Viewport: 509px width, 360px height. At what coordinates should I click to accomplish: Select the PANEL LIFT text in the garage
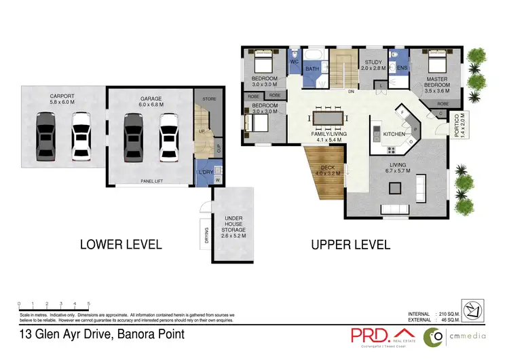[x=151, y=181]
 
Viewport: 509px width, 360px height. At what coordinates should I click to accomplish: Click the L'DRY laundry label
[x=206, y=172]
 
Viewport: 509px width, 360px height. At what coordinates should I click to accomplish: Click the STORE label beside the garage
[x=209, y=99]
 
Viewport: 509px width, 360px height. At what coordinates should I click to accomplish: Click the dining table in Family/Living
[x=327, y=118]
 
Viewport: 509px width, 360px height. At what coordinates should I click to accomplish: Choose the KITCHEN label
[x=394, y=134]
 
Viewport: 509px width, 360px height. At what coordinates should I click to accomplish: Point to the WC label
[x=294, y=62]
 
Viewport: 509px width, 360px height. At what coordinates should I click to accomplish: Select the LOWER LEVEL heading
[x=121, y=244]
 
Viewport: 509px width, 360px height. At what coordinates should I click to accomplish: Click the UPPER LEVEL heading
[x=350, y=244]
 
